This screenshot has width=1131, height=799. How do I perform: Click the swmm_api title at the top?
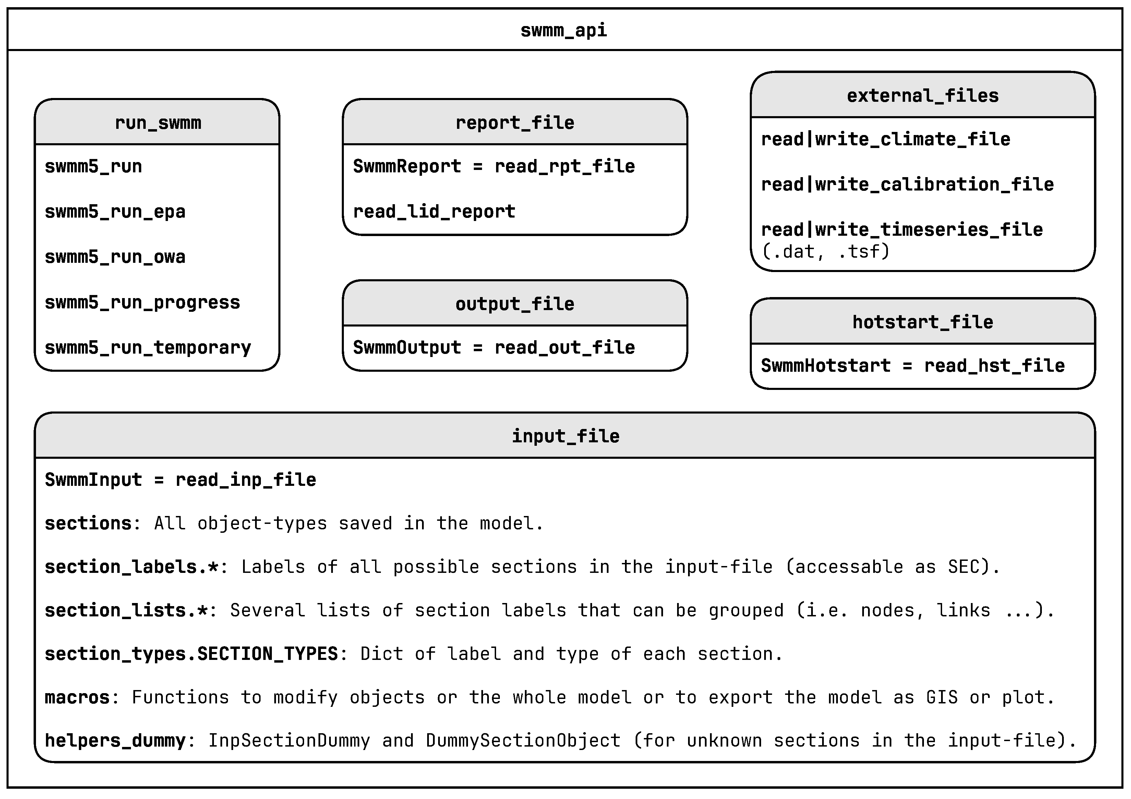tap(564, 30)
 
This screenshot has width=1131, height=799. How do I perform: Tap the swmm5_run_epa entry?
tap(115, 212)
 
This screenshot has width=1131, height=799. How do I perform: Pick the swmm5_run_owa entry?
tap(115, 257)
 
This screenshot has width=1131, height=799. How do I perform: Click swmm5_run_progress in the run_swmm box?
tap(142, 302)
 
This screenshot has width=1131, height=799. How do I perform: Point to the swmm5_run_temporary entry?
tap(147, 347)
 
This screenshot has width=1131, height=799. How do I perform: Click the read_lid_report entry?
tap(434, 212)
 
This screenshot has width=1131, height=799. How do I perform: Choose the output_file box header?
tap(515, 304)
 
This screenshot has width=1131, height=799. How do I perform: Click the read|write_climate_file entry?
tap(885, 139)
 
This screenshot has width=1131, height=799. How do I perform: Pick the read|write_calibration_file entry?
tap(907, 185)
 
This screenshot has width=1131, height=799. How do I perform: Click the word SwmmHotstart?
tap(826, 366)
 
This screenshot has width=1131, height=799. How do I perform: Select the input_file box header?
tap(565, 436)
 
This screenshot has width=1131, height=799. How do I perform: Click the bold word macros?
tap(77, 698)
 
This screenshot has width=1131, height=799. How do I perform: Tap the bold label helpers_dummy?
tap(115, 741)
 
